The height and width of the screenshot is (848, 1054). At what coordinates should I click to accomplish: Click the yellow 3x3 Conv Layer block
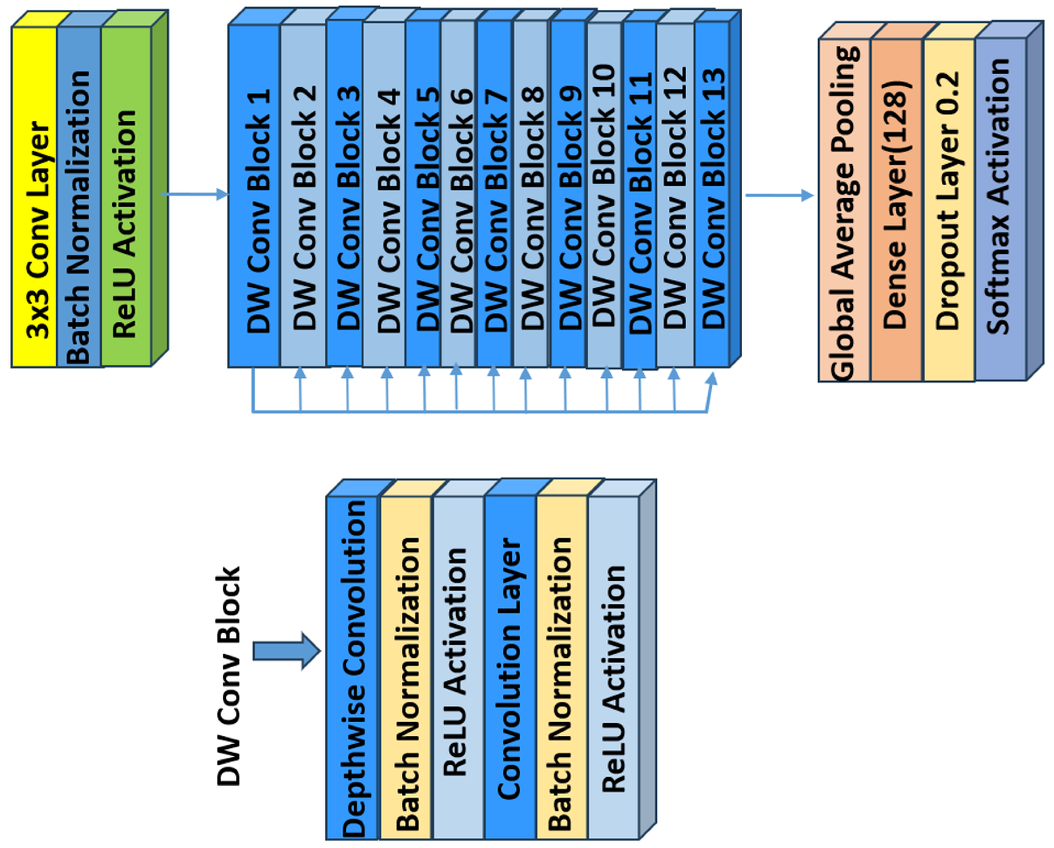coord(34,196)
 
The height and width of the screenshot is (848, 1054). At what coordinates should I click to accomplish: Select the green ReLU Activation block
coord(126,196)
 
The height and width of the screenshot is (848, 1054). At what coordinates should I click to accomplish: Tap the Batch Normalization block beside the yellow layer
coord(79,196)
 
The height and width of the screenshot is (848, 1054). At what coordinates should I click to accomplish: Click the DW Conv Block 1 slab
coord(254,196)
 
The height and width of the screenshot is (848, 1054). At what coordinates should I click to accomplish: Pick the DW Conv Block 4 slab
coord(384,196)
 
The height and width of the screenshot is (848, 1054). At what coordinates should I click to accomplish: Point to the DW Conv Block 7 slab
coord(495,196)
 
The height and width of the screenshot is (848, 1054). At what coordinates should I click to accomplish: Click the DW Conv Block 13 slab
coord(712,196)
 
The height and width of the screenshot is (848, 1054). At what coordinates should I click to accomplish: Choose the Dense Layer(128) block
coord(896,210)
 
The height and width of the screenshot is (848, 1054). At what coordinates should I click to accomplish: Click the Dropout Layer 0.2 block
coord(948,210)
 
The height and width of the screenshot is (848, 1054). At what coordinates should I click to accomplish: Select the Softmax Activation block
coord(1000,210)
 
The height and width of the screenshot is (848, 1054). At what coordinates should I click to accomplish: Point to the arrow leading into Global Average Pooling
coord(779,196)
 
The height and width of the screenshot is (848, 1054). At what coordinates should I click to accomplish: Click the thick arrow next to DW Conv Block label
coord(287,651)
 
